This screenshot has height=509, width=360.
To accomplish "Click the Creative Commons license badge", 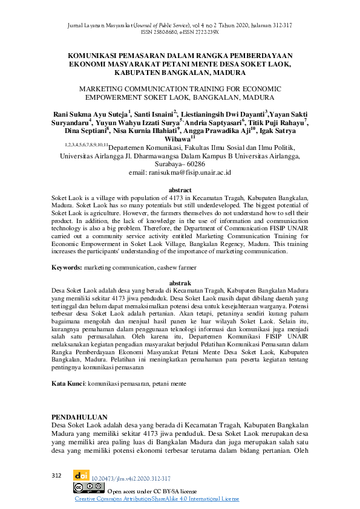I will [85, 488].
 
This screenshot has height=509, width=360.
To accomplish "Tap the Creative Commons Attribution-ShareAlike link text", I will [157, 499].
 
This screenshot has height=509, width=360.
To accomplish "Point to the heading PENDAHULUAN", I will [80, 417].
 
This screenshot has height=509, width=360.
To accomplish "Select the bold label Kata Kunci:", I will [68, 383].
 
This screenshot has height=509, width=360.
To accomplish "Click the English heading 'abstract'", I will [180, 190].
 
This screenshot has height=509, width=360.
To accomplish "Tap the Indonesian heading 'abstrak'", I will [180, 283].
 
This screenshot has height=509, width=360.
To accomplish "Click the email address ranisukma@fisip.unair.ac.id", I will [180, 172].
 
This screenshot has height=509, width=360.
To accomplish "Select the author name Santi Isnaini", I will [155, 114].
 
